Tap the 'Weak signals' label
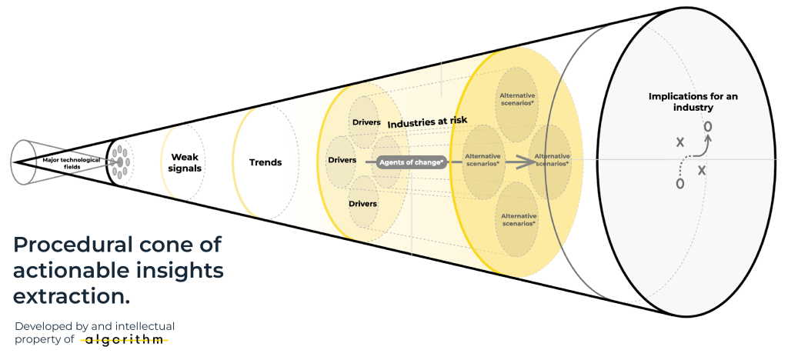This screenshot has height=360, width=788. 185,162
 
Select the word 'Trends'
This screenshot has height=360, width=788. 265,162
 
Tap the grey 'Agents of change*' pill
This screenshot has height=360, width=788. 412,162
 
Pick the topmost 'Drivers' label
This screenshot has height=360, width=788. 366,122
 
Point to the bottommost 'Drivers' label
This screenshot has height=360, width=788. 363,204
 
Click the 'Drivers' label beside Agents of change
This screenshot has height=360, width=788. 342,161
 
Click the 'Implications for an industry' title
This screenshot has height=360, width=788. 682,102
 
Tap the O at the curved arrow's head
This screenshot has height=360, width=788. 708,125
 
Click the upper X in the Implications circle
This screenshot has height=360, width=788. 679,142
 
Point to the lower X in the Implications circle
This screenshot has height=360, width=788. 702,170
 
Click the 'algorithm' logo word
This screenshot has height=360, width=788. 124,339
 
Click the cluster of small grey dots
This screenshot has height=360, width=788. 119,162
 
